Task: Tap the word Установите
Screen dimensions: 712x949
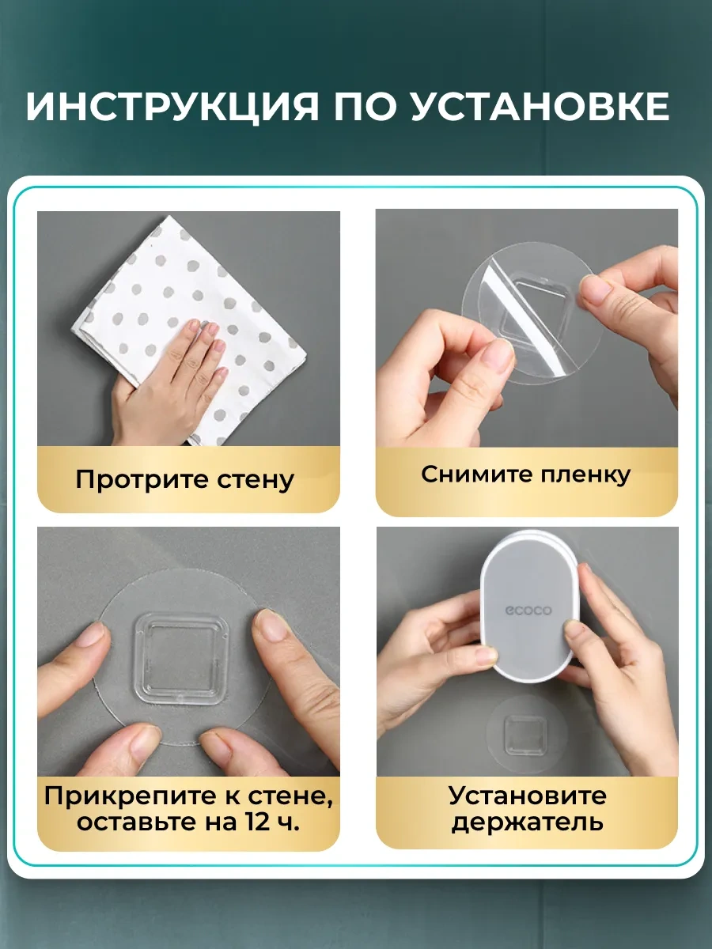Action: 528,796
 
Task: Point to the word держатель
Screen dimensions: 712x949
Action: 528,822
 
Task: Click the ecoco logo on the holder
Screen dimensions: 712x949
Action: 528,611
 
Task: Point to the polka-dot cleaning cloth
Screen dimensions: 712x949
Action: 190,328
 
